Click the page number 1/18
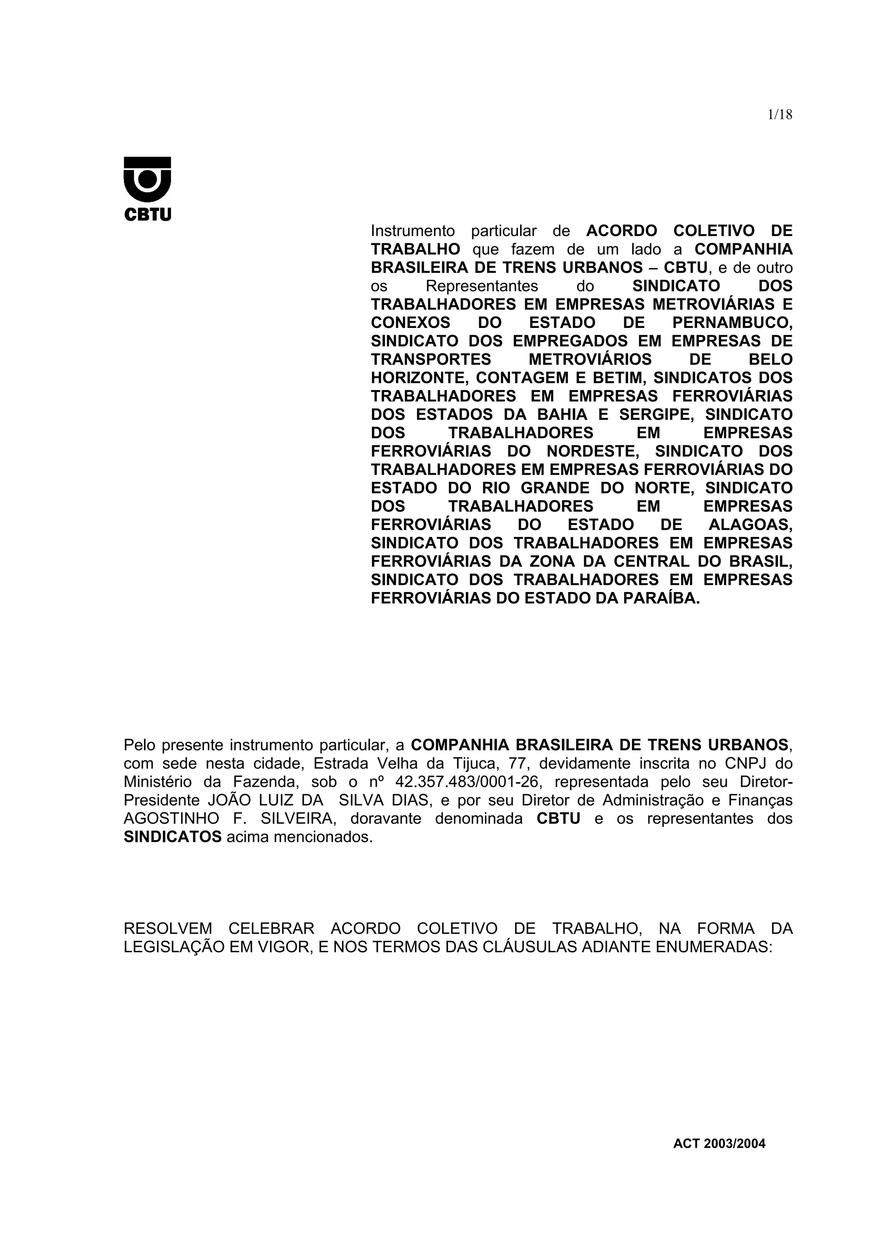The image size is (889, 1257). (780, 115)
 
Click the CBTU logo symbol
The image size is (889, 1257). (147, 179)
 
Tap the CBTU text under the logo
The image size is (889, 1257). (147, 215)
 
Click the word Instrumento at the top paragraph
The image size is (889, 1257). (412, 231)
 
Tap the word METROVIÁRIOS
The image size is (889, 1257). (590, 360)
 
